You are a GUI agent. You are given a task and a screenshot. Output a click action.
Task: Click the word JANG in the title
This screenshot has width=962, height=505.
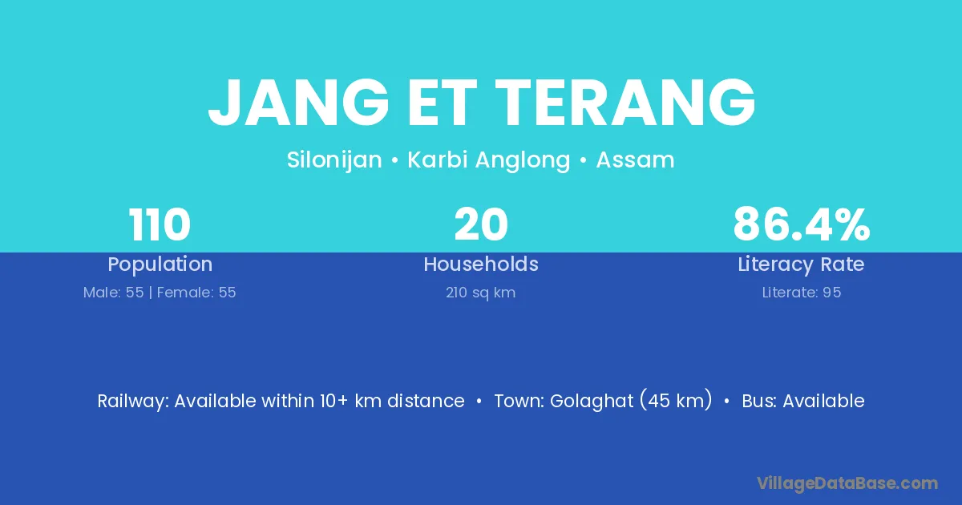(x=299, y=103)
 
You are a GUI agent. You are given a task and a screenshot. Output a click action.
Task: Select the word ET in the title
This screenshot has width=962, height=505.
(x=442, y=103)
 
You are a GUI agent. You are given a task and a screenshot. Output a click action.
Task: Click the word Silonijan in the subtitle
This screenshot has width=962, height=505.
(x=334, y=160)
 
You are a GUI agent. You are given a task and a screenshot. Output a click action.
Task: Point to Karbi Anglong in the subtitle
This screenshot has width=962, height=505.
(x=489, y=160)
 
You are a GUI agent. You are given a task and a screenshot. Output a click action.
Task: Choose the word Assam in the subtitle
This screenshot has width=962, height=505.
(x=635, y=160)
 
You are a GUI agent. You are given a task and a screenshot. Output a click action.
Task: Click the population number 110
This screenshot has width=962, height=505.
(x=160, y=224)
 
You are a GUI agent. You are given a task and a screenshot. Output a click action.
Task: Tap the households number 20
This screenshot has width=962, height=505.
(x=481, y=224)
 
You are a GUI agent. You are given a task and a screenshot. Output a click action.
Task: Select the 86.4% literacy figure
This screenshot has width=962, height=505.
(x=802, y=224)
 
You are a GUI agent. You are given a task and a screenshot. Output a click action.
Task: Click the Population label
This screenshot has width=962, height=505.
(x=160, y=265)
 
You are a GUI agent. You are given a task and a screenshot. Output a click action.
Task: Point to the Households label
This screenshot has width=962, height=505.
(x=481, y=264)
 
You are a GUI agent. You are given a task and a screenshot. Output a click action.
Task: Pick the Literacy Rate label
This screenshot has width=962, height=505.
(x=801, y=265)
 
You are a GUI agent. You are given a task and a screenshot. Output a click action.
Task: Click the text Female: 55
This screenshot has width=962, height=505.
(x=196, y=293)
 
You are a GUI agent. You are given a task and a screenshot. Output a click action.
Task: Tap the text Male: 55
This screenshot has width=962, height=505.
(x=113, y=293)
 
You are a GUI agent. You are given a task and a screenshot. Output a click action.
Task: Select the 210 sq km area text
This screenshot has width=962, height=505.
(x=480, y=293)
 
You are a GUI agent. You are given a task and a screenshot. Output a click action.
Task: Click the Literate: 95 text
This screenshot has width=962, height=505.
(x=802, y=293)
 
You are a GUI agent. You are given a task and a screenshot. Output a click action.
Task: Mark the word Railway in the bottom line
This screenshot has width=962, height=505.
(x=133, y=402)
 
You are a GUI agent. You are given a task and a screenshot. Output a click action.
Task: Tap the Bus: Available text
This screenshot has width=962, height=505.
(x=803, y=401)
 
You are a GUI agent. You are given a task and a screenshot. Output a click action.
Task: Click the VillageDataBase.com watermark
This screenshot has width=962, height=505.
(x=847, y=483)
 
